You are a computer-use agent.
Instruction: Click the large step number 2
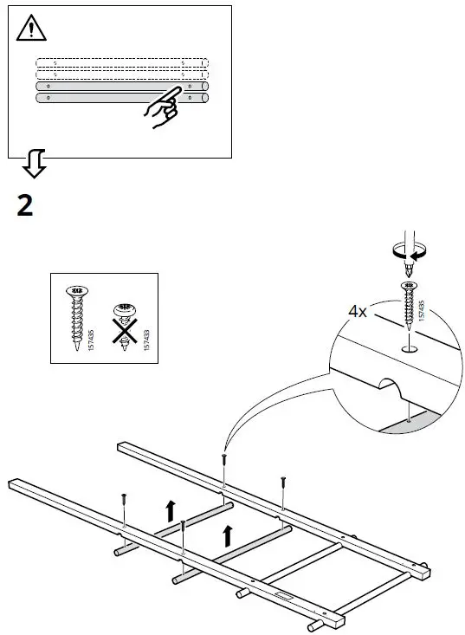click(26, 205)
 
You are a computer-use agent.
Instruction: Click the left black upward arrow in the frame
click(171, 511)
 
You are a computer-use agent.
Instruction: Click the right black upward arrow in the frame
click(228, 535)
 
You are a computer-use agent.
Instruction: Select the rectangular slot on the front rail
click(283, 595)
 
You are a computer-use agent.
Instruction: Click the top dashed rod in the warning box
click(121, 63)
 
